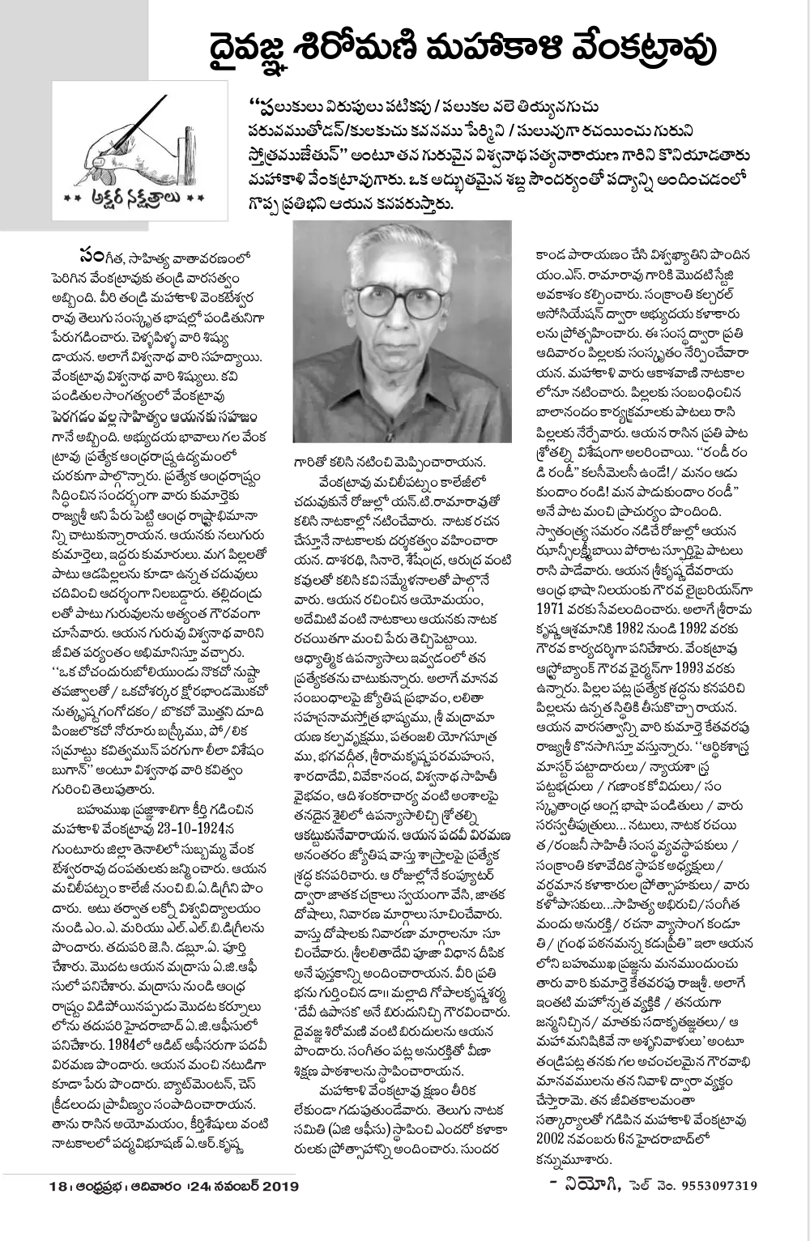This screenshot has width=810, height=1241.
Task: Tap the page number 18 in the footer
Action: click(58, 1187)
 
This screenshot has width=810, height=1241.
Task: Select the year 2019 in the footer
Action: click(279, 1187)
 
